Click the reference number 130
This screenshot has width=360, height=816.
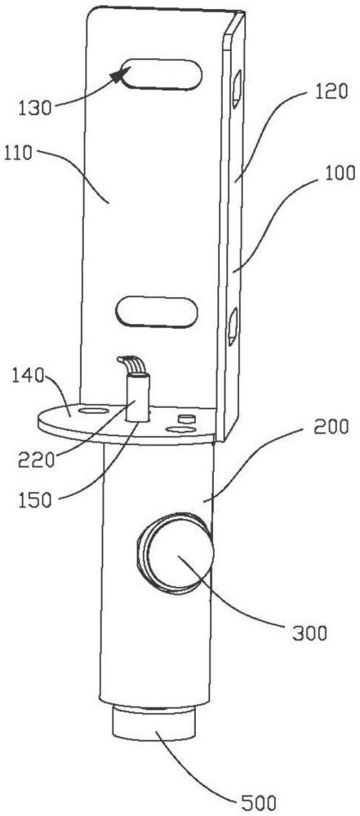coord(35,109)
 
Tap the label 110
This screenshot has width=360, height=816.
coord(20,153)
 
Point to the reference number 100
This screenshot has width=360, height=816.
coord(340,173)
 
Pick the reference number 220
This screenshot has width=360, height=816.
coord(35,460)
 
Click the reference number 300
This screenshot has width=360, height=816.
coord(309,633)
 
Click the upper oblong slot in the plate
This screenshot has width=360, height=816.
coord(161,75)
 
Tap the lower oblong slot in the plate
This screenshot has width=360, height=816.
coord(157,311)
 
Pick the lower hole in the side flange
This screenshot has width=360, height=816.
coord(233,326)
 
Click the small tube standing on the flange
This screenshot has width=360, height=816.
coord(137,399)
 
